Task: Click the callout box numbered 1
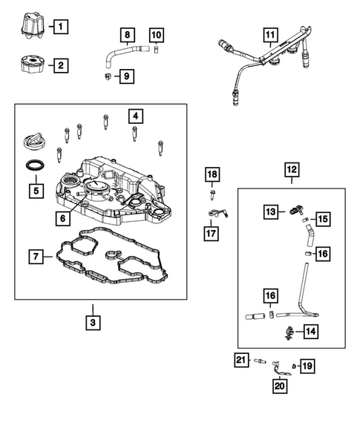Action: coord(61,27)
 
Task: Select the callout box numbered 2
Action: coord(61,65)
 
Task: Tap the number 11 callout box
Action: coord(270,35)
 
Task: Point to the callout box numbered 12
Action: coord(292,170)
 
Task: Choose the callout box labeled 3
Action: coord(93,323)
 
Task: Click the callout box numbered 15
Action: coord(323,219)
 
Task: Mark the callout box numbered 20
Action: coord(280,386)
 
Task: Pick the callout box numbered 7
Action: coord(36,257)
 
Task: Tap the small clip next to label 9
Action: coord(108,76)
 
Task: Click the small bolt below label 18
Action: coord(212,194)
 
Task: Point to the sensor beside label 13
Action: coord(296,210)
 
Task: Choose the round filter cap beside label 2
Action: coord(32,64)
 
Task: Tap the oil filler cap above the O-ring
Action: coord(34,142)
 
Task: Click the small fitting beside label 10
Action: coord(156,50)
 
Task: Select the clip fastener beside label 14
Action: coord(289,332)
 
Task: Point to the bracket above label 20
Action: coord(280,368)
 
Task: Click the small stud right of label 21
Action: coord(260,361)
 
